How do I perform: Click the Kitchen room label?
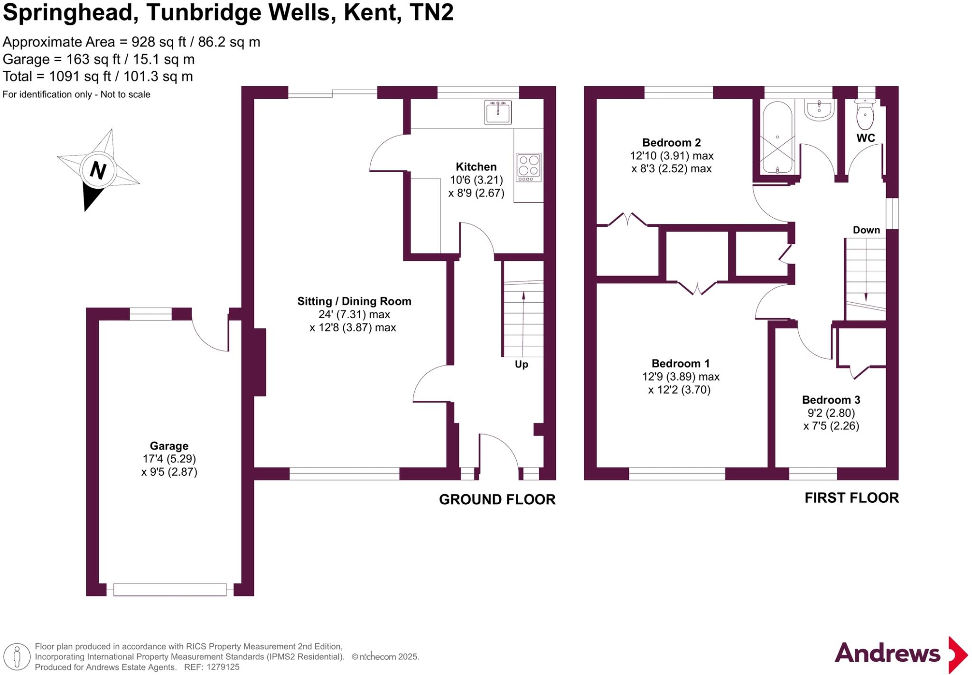[x=476, y=166]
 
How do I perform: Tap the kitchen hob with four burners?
[x=528, y=167]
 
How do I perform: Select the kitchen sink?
[x=497, y=112]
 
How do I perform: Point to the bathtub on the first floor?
[x=777, y=138]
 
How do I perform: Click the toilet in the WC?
[x=865, y=114]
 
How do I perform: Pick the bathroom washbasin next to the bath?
[x=819, y=110]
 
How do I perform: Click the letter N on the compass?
[x=98, y=170]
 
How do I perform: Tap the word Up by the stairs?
[x=521, y=364]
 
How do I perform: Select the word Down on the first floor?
[x=866, y=230]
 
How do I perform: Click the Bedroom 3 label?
[x=831, y=400]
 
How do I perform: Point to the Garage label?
[x=169, y=446]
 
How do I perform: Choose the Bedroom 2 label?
[x=671, y=142]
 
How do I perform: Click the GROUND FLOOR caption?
[x=497, y=499]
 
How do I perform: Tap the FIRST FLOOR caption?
[x=851, y=498]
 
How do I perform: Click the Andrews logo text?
[x=887, y=653]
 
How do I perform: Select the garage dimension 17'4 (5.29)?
[x=169, y=459]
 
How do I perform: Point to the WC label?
[x=866, y=138]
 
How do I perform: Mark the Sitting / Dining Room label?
[x=354, y=301]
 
